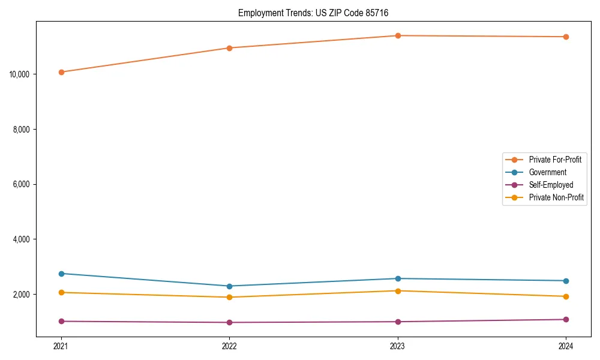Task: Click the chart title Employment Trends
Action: pos(317,13)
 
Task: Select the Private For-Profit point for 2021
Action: pos(61,72)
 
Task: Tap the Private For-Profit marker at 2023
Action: pos(398,35)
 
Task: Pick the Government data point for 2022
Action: pos(229,286)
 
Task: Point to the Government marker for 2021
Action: pos(61,274)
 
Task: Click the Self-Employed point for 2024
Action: pos(566,319)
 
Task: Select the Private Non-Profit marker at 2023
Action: pos(398,291)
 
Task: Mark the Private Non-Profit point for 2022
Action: pos(229,297)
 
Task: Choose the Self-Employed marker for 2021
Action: pos(61,321)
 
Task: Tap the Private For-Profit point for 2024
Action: pos(566,37)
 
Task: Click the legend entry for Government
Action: pos(547,172)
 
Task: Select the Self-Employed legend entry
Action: pos(551,185)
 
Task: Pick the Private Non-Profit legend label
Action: pos(556,197)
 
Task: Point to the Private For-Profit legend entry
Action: pos(555,160)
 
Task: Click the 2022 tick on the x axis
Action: pos(229,346)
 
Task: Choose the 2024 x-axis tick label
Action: pos(566,346)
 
